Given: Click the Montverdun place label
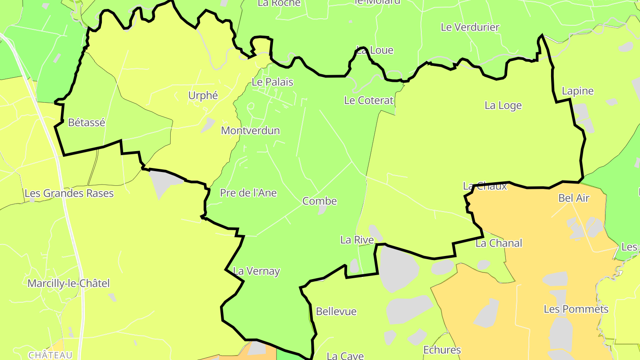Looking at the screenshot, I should tap(251, 131).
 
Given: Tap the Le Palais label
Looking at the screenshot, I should tap(272, 82).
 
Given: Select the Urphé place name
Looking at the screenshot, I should tap(203, 96).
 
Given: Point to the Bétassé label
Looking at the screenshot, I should tap(87, 123).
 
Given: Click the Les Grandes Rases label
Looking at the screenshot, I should tap(69, 193).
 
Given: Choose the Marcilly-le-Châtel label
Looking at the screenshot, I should tap(68, 284).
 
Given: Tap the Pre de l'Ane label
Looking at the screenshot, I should tap(248, 193).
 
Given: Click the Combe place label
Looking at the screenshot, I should tap(320, 201).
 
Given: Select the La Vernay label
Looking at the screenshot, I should tap(256, 271).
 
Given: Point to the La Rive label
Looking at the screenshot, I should tap(357, 240).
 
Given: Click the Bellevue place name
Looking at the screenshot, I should tap(336, 312).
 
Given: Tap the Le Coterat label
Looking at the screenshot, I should tap(369, 100).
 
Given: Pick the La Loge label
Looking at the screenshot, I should tap(503, 106).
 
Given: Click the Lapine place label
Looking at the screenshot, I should tap(577, 91).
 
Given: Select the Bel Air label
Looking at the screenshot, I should tap(574, 198).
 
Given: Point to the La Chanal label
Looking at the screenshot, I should tap(499, 244).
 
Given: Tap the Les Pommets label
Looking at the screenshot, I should tap(576, 309).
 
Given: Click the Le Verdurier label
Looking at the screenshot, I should tap(470, 27).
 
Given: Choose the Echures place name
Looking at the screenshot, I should tap(442, 350).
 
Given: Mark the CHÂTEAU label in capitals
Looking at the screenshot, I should tap(50, 355).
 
